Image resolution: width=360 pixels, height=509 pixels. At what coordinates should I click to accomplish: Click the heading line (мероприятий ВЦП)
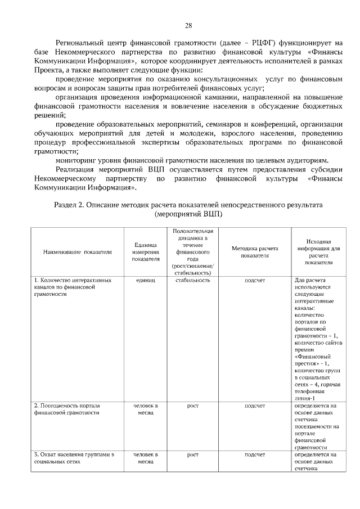(x=188, y=214)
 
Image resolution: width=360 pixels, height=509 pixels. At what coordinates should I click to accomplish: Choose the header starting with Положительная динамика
(x=192, y=251)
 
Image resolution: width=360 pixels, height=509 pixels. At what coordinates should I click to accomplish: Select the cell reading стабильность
(x=192, y=280)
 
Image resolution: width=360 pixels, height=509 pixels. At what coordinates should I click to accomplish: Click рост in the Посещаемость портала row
(x=192, y=405)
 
